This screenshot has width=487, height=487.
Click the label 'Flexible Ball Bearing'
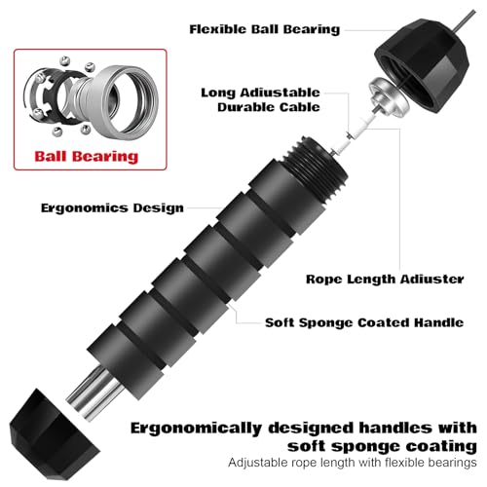[x=265, y=29]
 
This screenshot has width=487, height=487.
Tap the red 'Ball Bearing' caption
[x=87, y=157]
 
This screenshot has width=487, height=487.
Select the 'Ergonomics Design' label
[x=112, y=207]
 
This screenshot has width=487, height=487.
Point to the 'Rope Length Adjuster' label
[x=385, y=280]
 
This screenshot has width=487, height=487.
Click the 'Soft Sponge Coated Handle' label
[x=364, y=322]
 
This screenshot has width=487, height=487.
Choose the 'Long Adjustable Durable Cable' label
[x=260, y=99]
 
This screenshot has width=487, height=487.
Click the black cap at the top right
[x=422, y=65]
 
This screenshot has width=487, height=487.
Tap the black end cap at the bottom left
[x=54, y=435]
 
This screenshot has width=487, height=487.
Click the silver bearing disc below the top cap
[x=389, y=96]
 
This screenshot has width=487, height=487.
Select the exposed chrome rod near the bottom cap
[x=94, y=392]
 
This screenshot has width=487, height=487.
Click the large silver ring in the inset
[x=125, y=102]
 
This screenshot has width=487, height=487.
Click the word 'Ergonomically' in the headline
[x=196, y=429]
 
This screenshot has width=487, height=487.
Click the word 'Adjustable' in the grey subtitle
[x=255, y=463]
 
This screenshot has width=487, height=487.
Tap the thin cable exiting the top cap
[x=465, y=21]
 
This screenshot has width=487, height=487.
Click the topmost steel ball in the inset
[x=65, y=60]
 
